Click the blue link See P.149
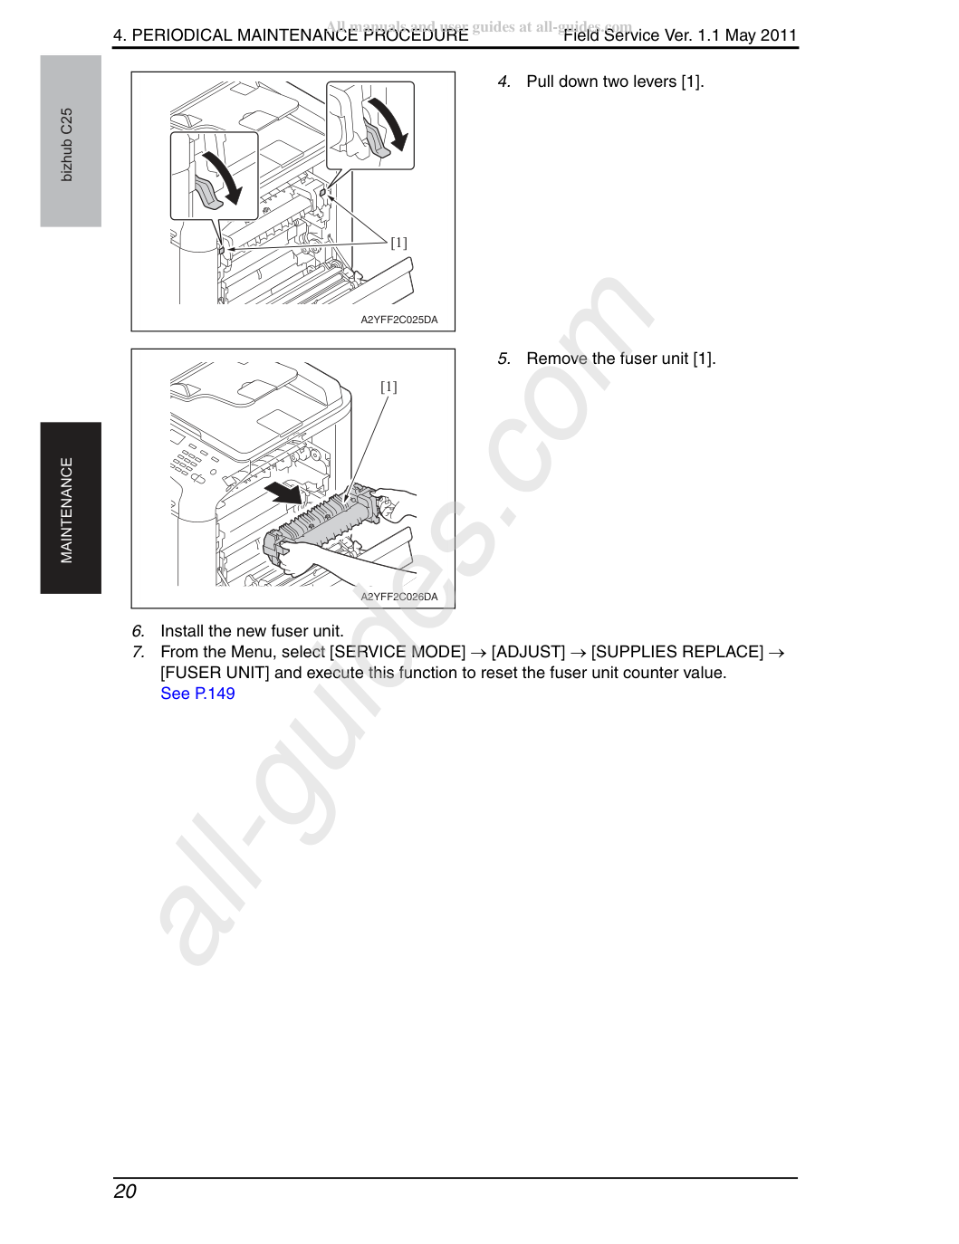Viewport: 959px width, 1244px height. coord(197,694)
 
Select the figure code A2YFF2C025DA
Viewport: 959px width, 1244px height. coord(399,320)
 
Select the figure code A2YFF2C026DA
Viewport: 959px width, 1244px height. coord(399,597)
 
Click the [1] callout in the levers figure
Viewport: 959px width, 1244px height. coord(399,243)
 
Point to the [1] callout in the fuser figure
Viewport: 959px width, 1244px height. coord(388,387)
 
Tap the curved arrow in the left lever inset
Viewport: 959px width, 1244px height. coord(224,178)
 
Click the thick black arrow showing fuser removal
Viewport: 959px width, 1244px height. coord(286,492)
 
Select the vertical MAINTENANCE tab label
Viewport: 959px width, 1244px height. coord(67,510)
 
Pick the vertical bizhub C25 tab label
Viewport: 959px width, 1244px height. coord(67,145)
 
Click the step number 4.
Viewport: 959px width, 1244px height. coord(503,81)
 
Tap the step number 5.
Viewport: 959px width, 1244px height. coord(503,359)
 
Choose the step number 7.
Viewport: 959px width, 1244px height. coord(138,652)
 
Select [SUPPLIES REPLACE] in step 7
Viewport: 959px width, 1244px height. coord(677,652)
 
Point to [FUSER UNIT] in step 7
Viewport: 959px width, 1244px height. coord(215,673)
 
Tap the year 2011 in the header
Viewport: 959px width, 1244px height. coord(778,35)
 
